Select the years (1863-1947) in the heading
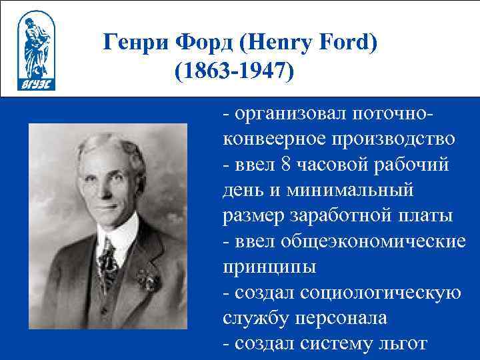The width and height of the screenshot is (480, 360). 234,71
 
